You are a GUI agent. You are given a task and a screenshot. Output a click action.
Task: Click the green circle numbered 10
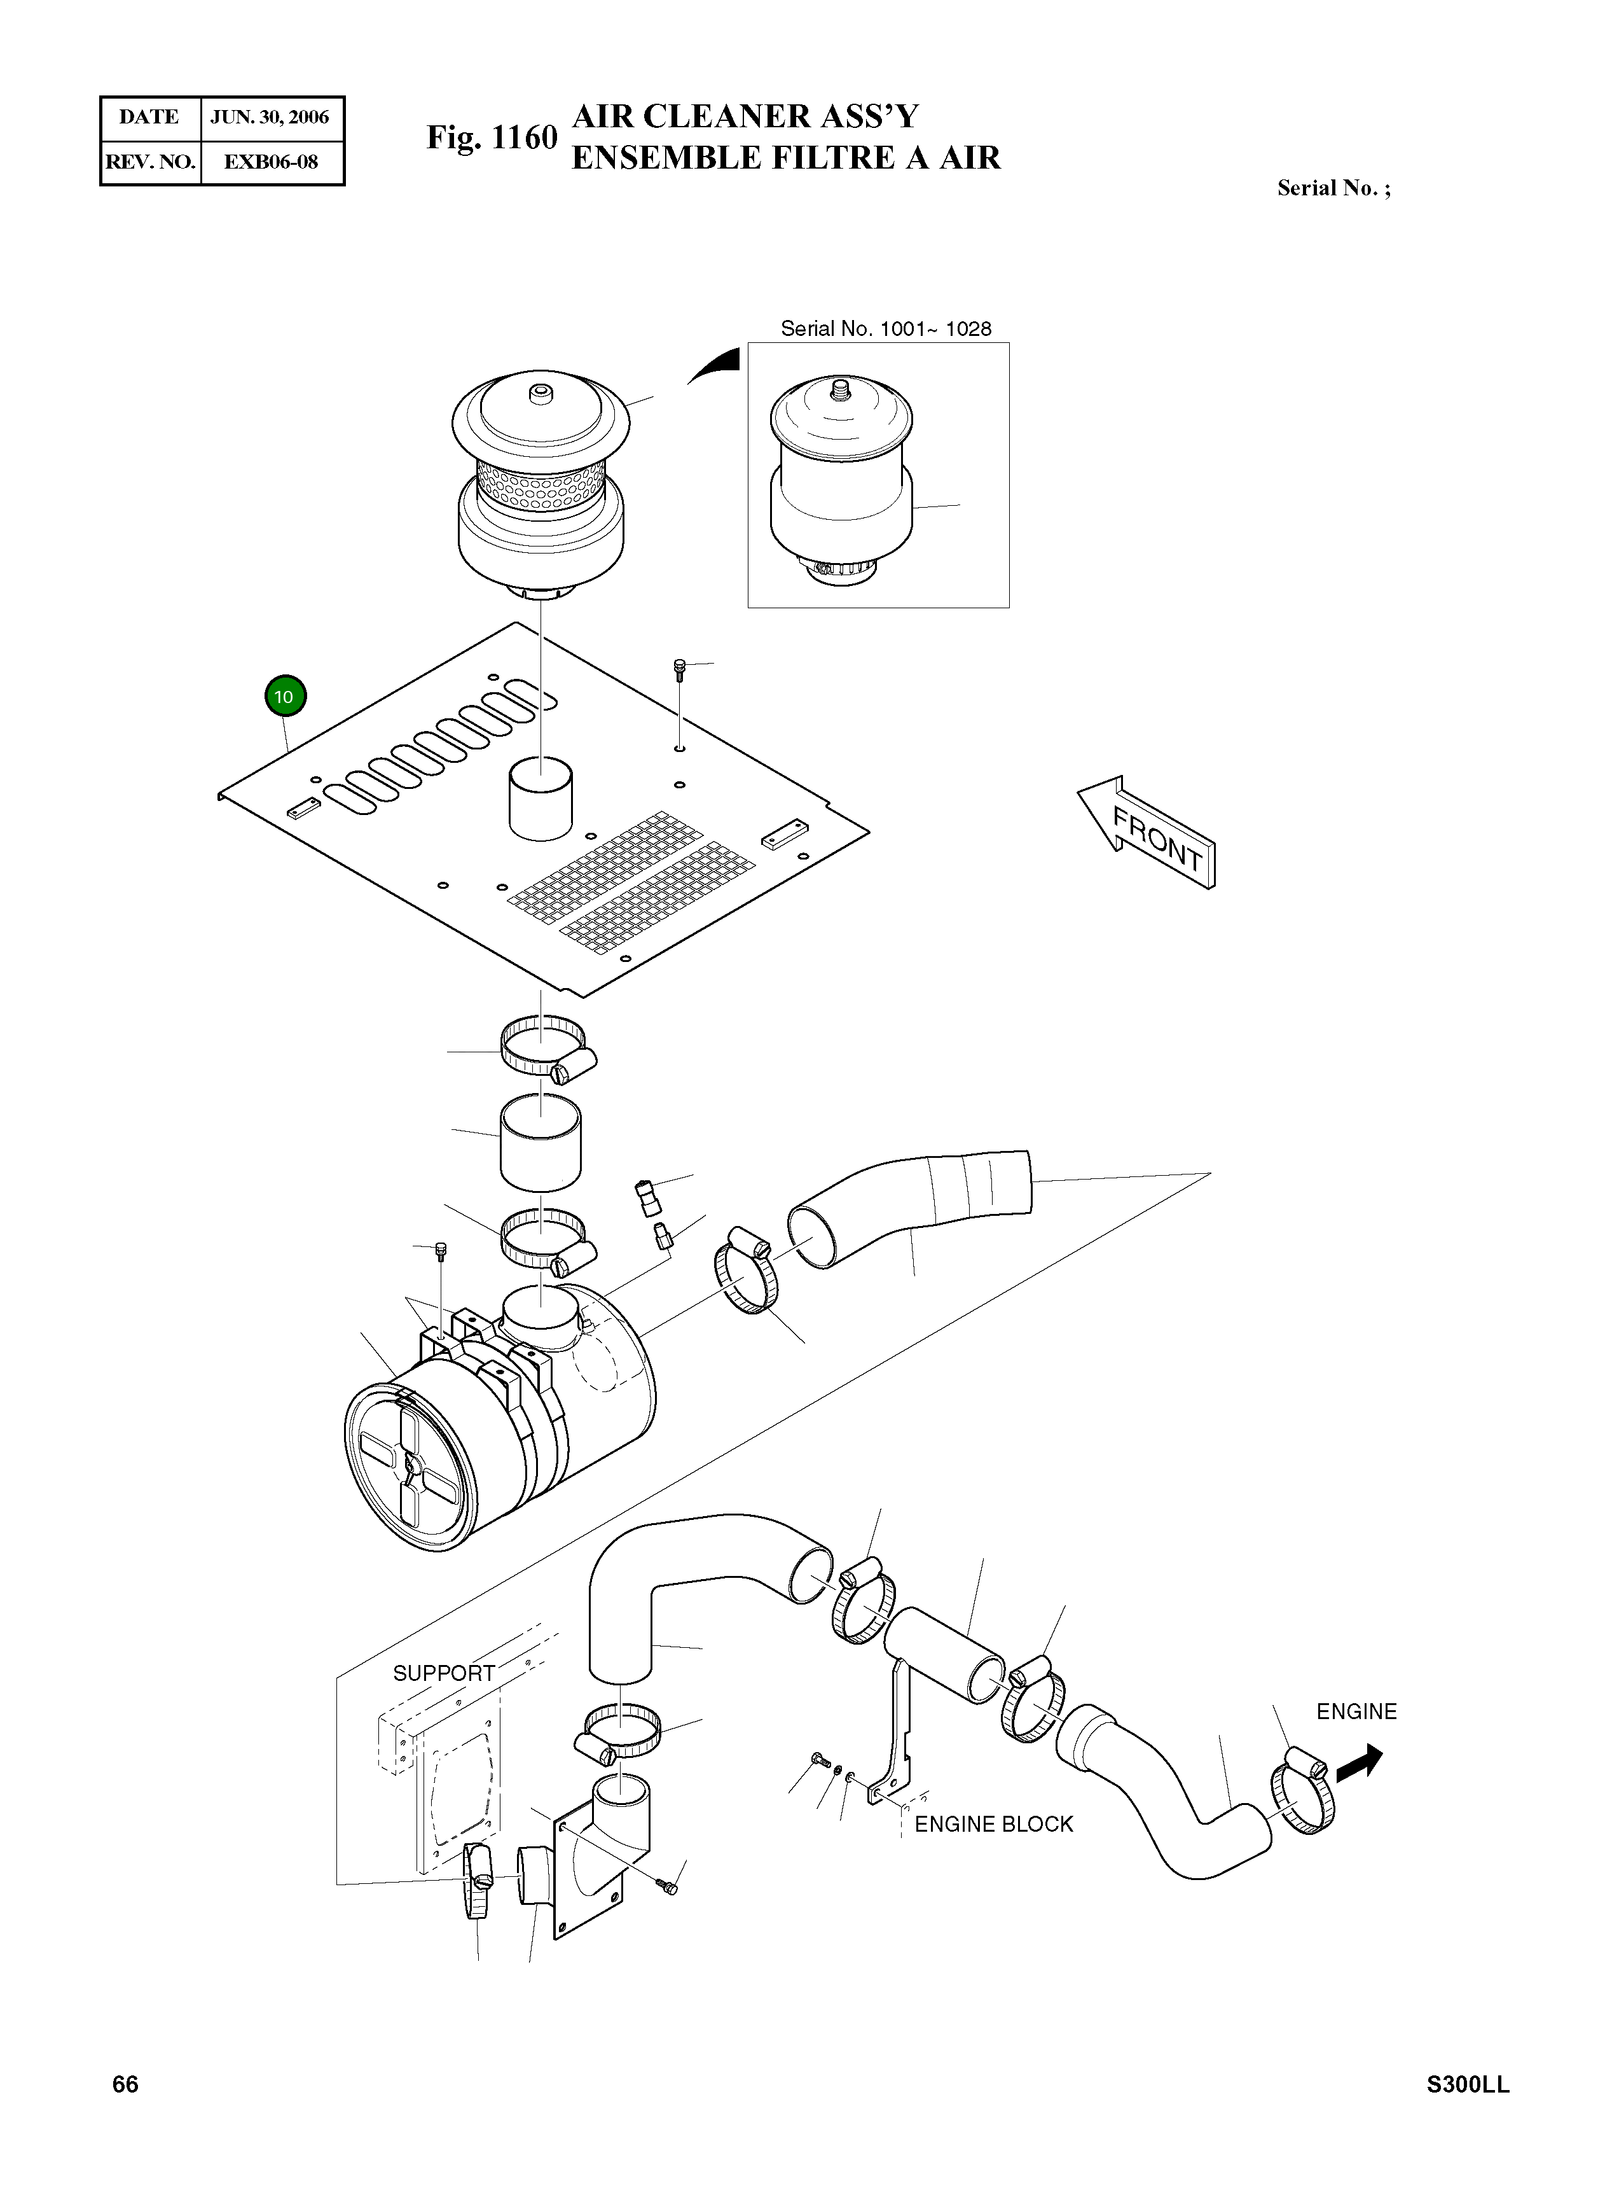(x=284, y=696)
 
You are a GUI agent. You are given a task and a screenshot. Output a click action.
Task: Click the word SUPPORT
(x=444, y=1673)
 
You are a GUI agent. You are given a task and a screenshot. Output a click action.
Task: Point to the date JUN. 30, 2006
(x=270, y=118)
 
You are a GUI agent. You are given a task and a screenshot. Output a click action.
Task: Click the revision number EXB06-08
(x=270, y=162)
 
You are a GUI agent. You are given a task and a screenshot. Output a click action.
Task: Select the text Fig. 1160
(x=492, y=138)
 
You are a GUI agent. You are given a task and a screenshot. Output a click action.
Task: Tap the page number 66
(x=125, y=2084)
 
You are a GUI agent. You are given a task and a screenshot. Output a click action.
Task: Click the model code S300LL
(x=1468, y=2084)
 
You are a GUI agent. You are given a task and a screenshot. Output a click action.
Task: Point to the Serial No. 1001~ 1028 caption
(x=886, y=328)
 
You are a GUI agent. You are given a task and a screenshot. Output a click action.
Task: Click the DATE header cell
(x=149, y=118)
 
